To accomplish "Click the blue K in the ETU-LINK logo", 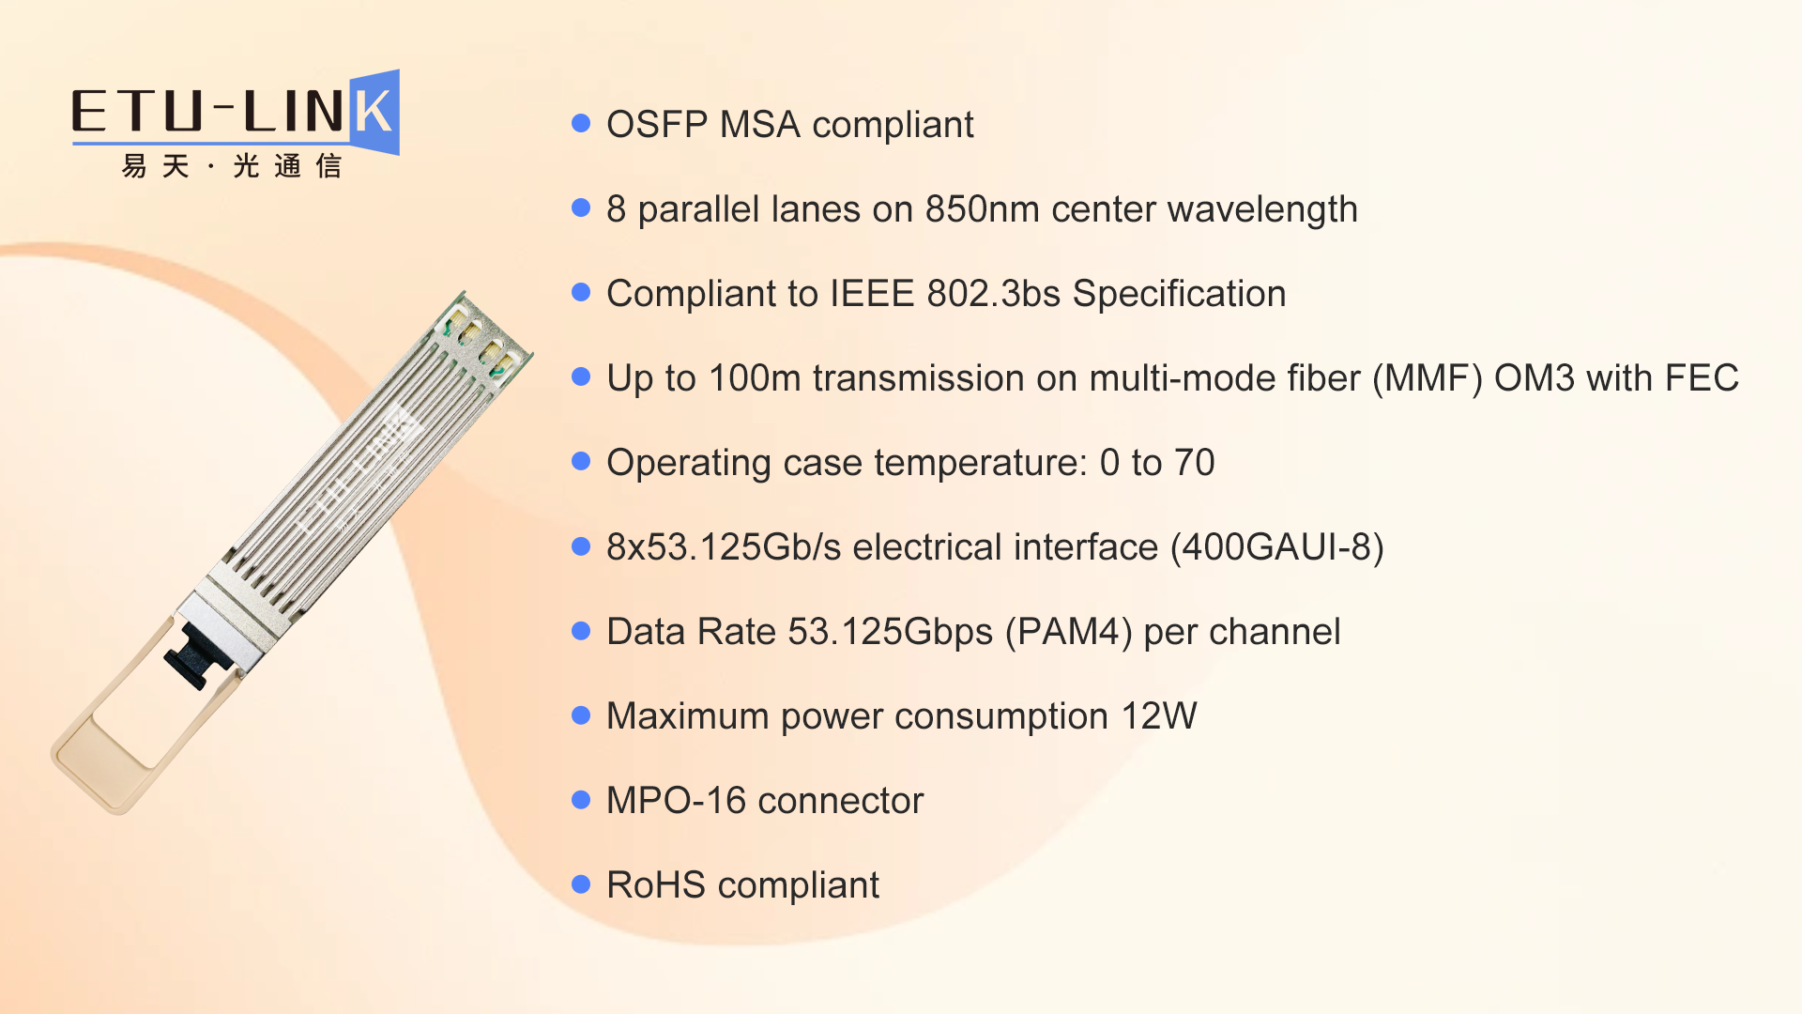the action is (374, 112).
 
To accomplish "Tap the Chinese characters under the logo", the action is (231, 166).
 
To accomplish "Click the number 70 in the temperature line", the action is (1194, 463).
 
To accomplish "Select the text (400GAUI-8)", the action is (1277, 547).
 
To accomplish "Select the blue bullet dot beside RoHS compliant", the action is (581, 883).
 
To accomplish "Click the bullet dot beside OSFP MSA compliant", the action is (581, 123).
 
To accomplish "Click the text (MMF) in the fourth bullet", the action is (1428, 378).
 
